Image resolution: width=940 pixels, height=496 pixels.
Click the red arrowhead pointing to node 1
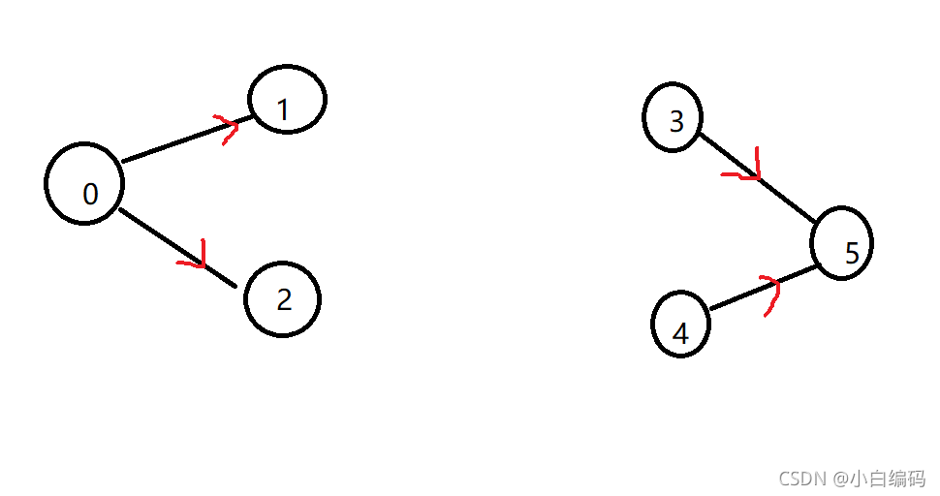tap(229, 127)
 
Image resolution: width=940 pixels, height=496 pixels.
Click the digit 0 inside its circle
tap(90, 195)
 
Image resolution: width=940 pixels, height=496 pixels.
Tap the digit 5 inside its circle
tap(852, 254)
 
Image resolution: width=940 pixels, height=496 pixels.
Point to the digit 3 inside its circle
tap(676, 121)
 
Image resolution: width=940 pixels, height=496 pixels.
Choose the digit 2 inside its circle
tap(284, 300)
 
